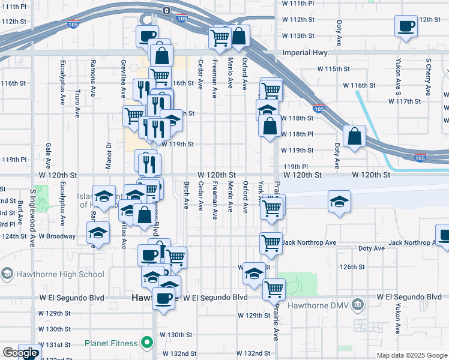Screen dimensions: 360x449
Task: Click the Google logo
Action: point(20,353)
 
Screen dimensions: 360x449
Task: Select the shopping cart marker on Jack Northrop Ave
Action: point(271,243)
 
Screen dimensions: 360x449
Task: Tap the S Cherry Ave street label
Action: point(428,77)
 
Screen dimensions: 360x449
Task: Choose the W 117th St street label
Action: point(405,101)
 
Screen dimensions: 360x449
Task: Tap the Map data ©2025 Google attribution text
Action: point(411,355)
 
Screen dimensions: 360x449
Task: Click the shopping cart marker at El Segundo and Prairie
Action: point(274,289)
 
